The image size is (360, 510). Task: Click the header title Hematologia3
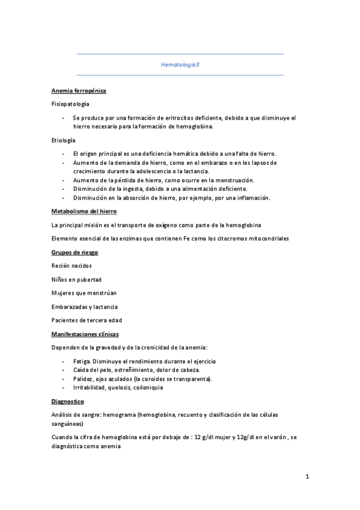click(x=180, y=64)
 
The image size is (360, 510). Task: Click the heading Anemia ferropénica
click(x=79, y=91)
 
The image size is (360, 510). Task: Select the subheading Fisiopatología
click(x=70, y=104)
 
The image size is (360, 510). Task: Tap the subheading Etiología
click(x=64, y=140)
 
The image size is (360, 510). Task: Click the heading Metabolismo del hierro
click(x=84, y=212)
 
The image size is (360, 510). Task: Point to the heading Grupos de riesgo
click(x=75, y=252)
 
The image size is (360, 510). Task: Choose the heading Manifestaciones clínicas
click(x=85, y=333)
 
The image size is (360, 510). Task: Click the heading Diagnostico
click(x=68, y=401)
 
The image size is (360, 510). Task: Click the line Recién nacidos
click(x=72, y=266)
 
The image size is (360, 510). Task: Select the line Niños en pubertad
click(x=76, y=279)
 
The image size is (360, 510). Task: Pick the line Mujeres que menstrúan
click(x=84, y=293)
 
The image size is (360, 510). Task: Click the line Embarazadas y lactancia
click(x=85, y=306)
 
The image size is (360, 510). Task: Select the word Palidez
click(x=83, y=379)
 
